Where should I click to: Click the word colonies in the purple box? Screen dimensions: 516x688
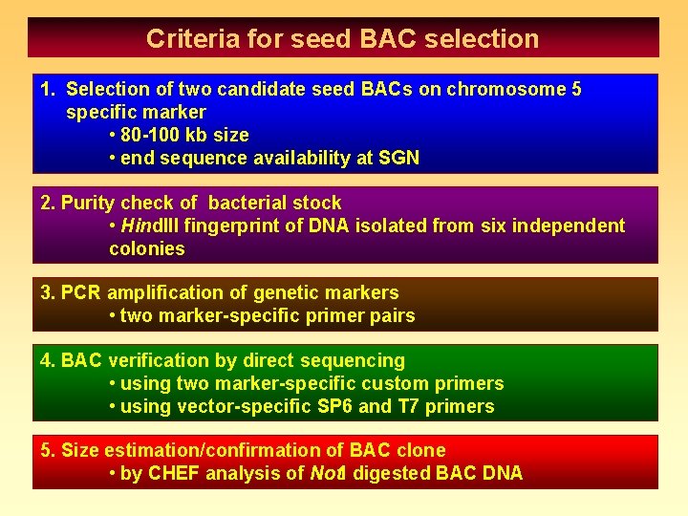[x=147, y=249]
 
